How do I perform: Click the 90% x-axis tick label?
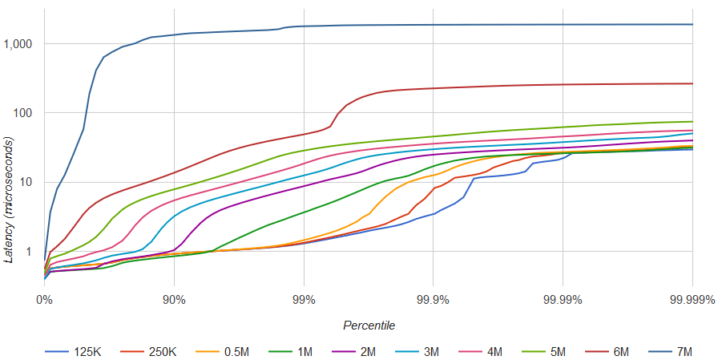pos(174,300)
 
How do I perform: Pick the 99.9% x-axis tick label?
pos(433,300)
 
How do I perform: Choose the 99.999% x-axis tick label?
pos(691,300)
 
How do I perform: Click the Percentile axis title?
pos(369,326)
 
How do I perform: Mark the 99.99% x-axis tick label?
pos(562,300)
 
